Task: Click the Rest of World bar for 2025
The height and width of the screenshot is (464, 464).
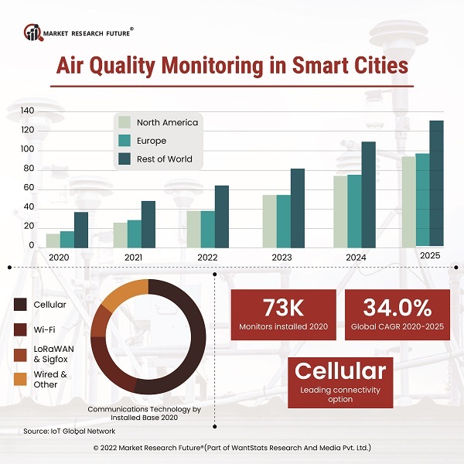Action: tap(437, 183)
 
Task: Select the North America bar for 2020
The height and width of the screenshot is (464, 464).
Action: tap(53, 240)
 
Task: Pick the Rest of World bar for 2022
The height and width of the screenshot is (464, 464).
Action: tap(222, 216)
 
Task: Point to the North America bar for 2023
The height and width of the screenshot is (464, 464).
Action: tap(269, 220)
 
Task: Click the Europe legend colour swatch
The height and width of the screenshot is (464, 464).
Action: tap(124, 141)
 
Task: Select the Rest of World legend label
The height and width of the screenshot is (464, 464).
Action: tap(164, 159)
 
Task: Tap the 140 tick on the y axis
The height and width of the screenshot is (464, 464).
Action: tap(27, 111)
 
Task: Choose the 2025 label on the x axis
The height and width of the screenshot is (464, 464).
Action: tap(430, 255)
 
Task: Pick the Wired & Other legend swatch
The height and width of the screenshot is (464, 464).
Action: tap(21, 379)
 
